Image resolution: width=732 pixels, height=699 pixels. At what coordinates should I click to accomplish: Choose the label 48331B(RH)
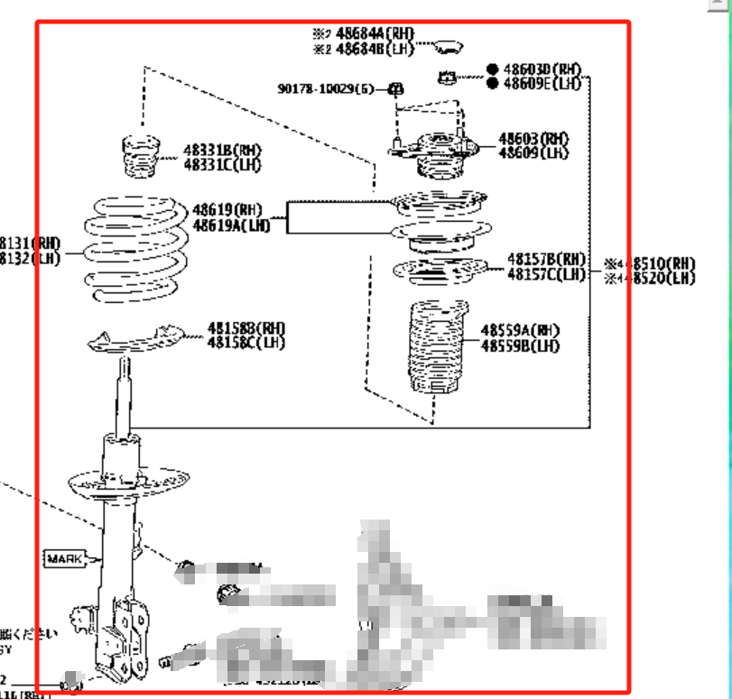pos(222,150)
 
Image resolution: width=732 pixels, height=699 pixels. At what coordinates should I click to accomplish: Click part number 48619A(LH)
pos(231,225)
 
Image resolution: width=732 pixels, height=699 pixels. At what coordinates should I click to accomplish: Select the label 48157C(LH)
pos(546,274)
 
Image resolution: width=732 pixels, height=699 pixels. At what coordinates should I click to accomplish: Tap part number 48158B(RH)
pos(246,328)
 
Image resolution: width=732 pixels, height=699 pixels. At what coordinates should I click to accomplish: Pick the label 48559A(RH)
pos(520,331)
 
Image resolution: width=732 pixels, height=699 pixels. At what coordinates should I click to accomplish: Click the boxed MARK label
pos(64,559)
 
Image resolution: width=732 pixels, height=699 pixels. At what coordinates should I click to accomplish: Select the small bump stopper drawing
pos(140,157)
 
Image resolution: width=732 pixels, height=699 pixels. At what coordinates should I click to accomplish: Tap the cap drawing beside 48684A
pos(446,46)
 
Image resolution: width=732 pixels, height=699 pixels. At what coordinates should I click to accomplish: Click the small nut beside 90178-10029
pos(395,88)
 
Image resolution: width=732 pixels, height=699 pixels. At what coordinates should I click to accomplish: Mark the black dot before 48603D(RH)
pos(492,69)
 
